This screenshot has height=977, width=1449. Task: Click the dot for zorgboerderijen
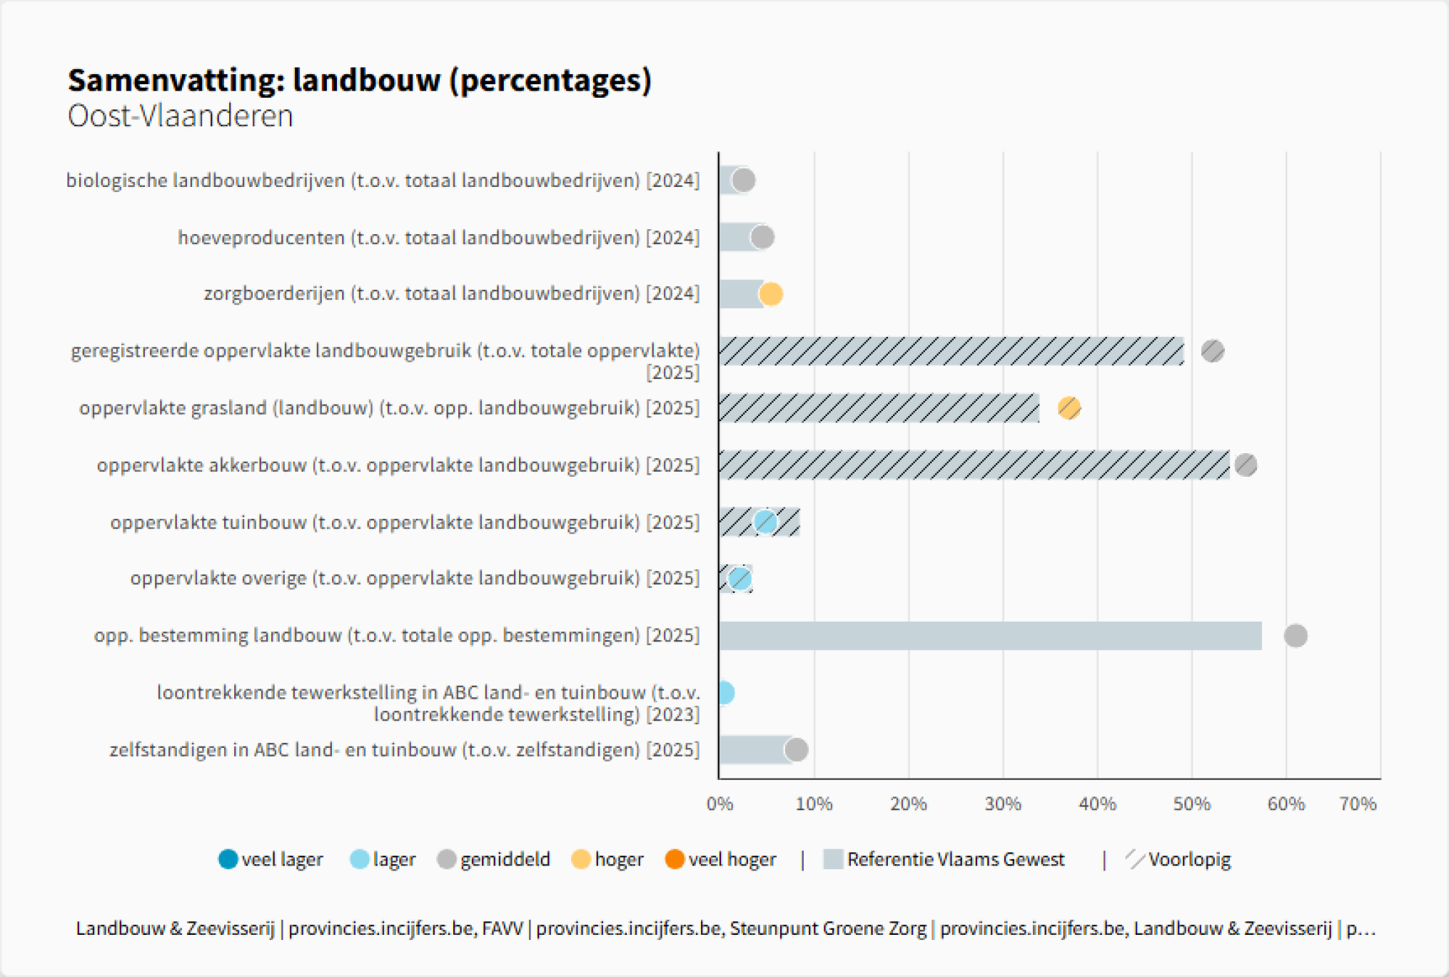coord(771,294)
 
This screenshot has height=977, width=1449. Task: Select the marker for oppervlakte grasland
coord(1069,408)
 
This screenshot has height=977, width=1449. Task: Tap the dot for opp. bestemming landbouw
coord(1295,636)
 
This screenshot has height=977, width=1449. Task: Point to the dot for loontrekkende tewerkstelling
coord(724,692)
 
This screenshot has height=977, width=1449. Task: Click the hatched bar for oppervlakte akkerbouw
coord(974,465)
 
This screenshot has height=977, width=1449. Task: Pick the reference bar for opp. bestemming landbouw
coord(990,636)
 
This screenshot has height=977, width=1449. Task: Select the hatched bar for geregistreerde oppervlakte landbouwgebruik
coord(951,351)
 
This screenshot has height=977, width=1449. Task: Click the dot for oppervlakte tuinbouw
coord(765,522)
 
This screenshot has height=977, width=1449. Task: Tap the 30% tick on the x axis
coord(1003,804)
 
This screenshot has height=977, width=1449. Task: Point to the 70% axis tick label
coord(1357,804)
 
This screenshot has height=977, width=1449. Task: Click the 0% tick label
coord(720,804)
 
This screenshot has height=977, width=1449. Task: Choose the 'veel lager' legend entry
coord(271,859)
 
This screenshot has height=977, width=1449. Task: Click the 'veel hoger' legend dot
coord(675,859)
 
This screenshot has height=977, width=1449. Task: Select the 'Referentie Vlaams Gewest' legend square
coord(833,859)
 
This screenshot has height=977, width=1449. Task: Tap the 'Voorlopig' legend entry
coord(1178,859)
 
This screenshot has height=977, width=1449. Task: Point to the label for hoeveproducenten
coord(438,238)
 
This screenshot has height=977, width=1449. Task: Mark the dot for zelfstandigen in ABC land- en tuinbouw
coord(796,750)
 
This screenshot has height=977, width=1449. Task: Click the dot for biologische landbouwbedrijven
coord(743,181)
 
